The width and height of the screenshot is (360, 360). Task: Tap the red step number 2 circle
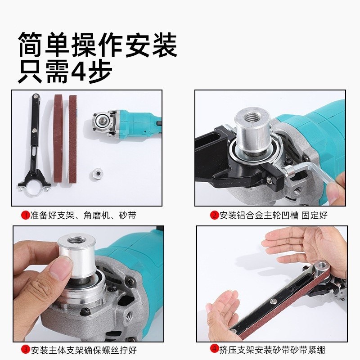coord(215,216)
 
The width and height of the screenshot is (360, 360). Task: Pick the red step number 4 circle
coord(215,349)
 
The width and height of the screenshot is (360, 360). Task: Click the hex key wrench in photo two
coord(310,173)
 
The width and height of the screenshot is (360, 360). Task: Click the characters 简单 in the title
coord(45,45)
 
